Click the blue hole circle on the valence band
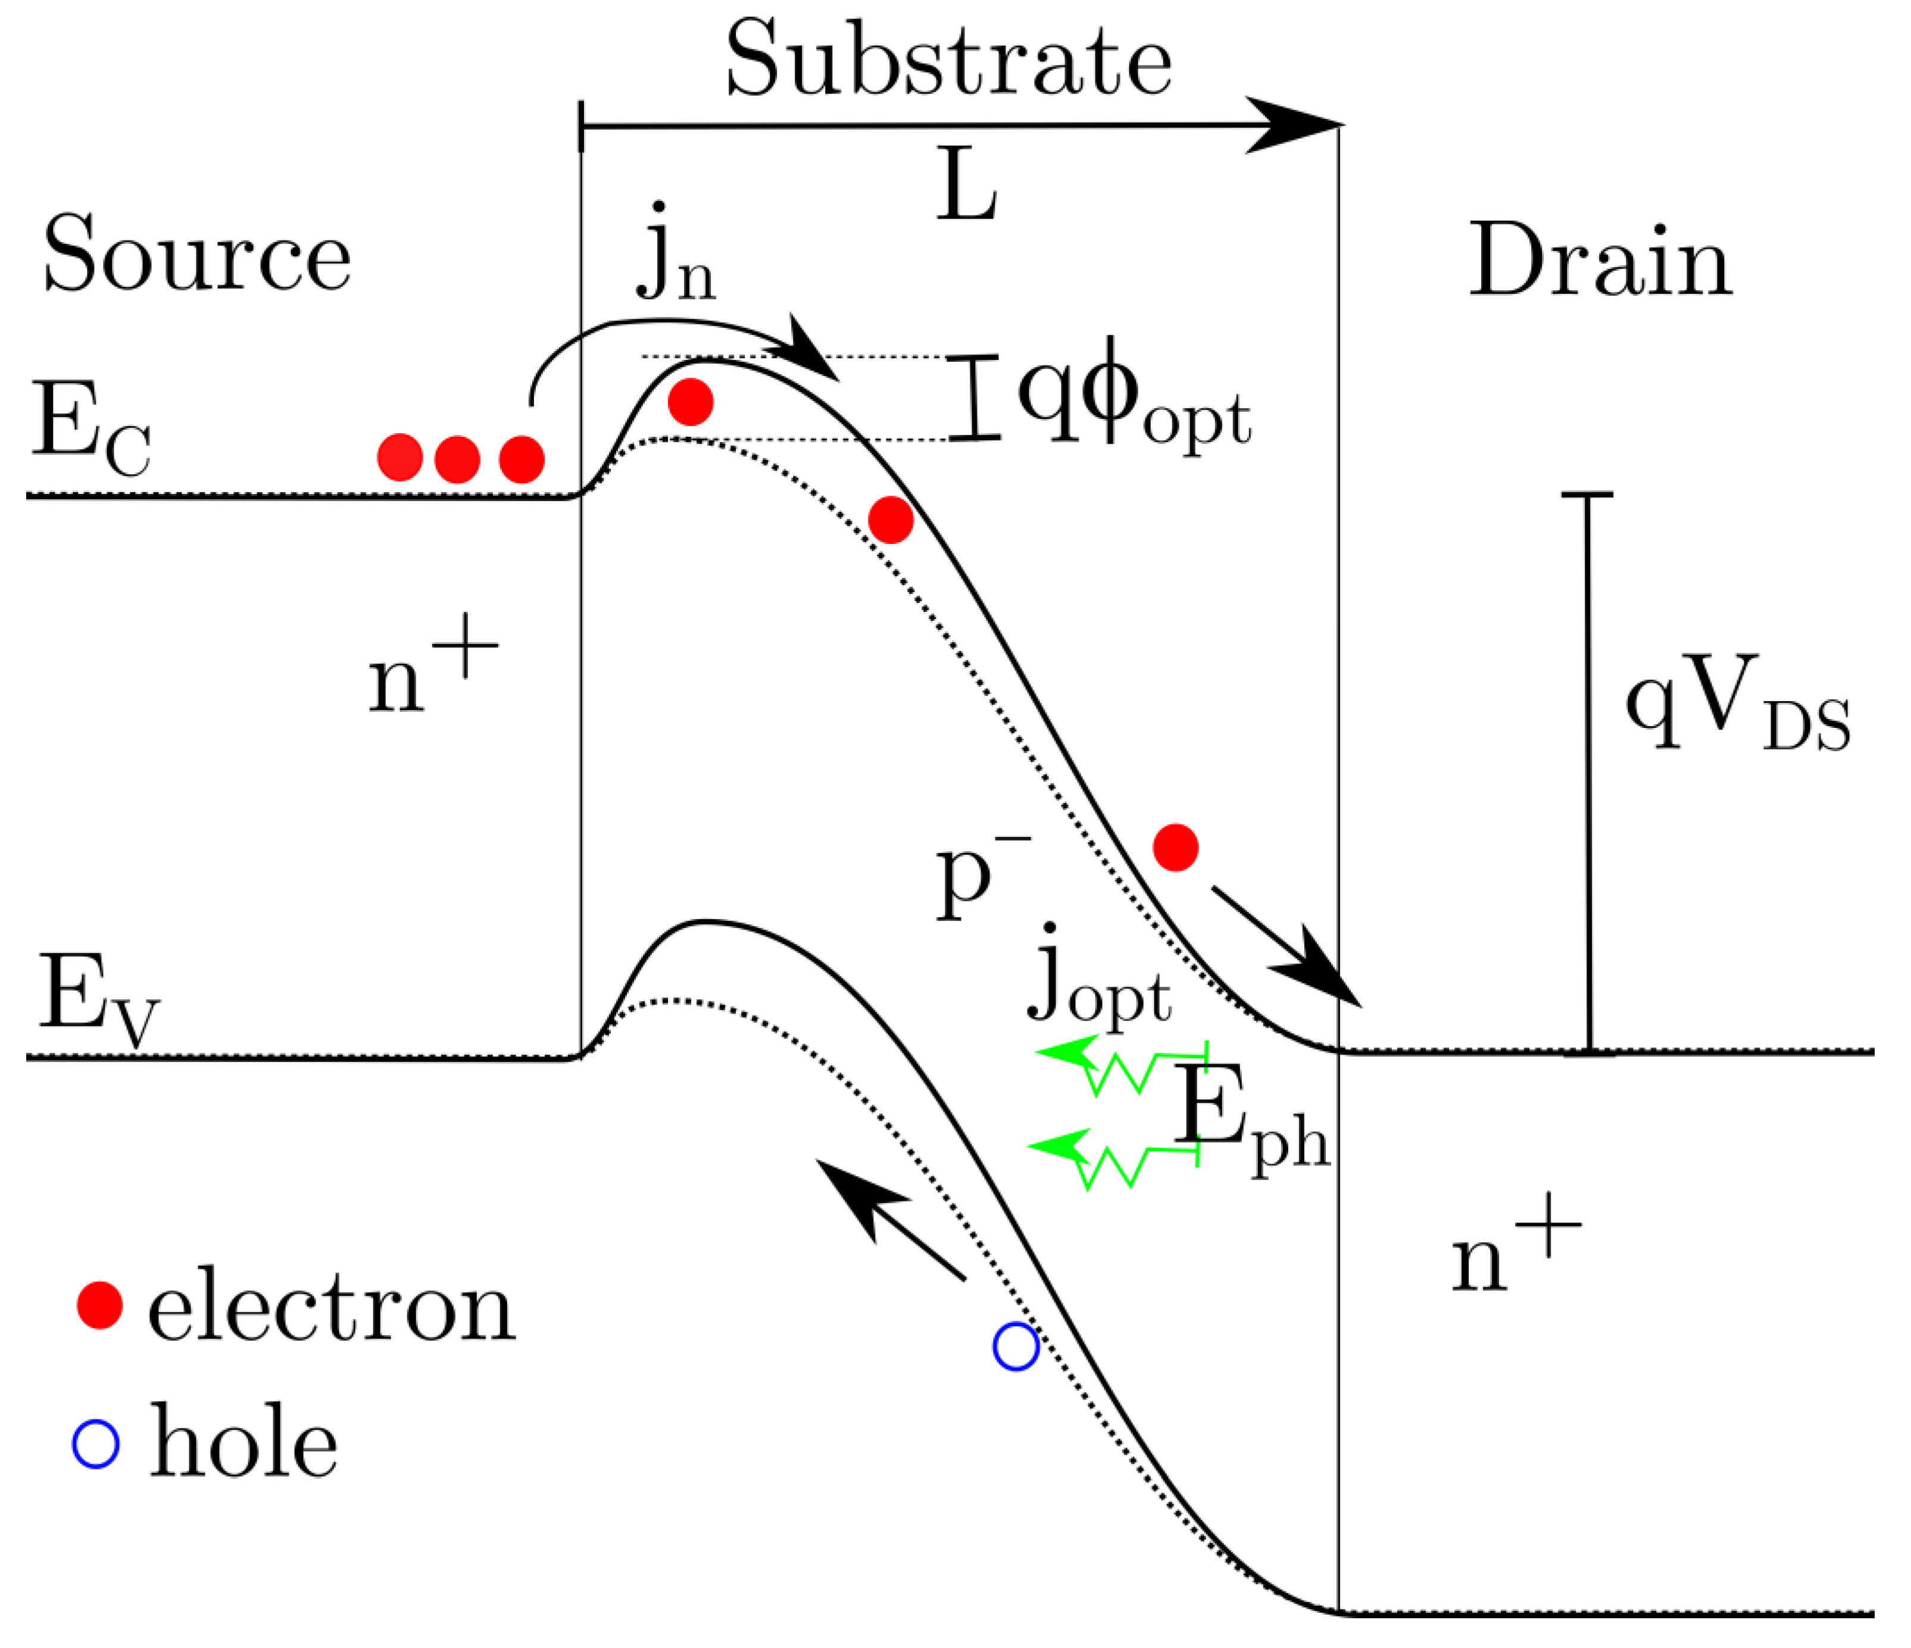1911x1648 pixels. [x=1016, y=1346]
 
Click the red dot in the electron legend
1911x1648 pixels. [x=99, y=1305]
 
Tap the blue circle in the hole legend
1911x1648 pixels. [x=96, y=1444]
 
